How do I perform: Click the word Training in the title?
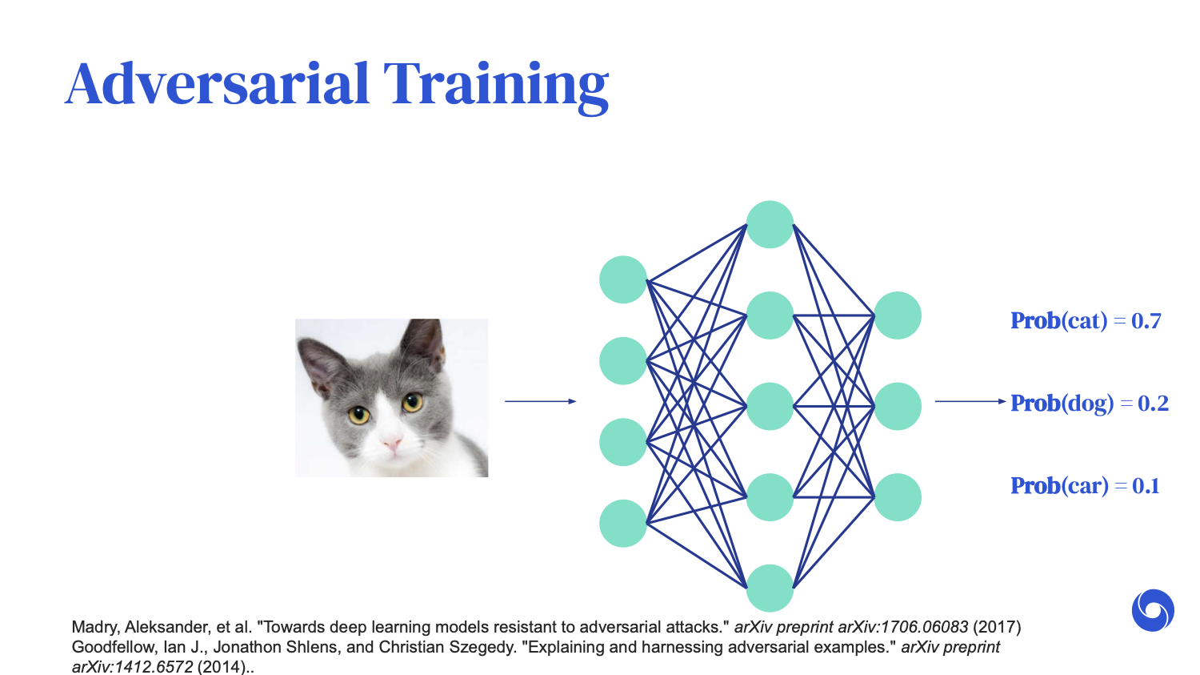pos(496,88)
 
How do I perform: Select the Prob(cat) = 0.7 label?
pos(1086,320)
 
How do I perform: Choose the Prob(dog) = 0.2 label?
pos(1089,404)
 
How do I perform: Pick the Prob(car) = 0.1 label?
pos(1085,486)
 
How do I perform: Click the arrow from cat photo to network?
pos(541,401)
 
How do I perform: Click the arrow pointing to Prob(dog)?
pos(970,401)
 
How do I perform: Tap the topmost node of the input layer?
pos(623,279)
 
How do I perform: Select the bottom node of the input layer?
pos(623,524)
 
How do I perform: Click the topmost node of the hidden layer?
pos(770,224)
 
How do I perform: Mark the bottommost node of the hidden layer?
pos(770,589)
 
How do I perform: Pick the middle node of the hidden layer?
pos(770,407)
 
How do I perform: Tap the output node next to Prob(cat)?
pos(898,315)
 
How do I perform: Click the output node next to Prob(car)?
pos(898,497)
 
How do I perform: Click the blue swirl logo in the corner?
pos(1153,610)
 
